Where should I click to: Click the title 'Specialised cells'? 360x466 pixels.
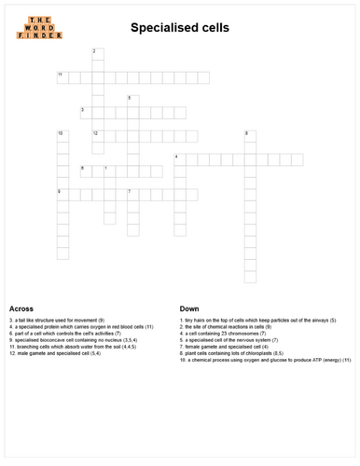tap(179, 28)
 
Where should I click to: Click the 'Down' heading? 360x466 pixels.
tap(189, 308)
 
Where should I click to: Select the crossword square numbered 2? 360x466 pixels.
tap(98, 54)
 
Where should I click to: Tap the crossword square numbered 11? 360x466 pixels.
tap(62, 77)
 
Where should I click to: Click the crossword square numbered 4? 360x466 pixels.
tap(179, 159)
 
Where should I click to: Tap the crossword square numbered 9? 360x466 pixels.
tap(62, 195)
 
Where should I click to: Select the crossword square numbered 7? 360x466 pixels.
tap(132, 195)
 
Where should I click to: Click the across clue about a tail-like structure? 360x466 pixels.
tap(56, 321)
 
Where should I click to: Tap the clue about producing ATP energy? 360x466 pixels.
tap(265, 360)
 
